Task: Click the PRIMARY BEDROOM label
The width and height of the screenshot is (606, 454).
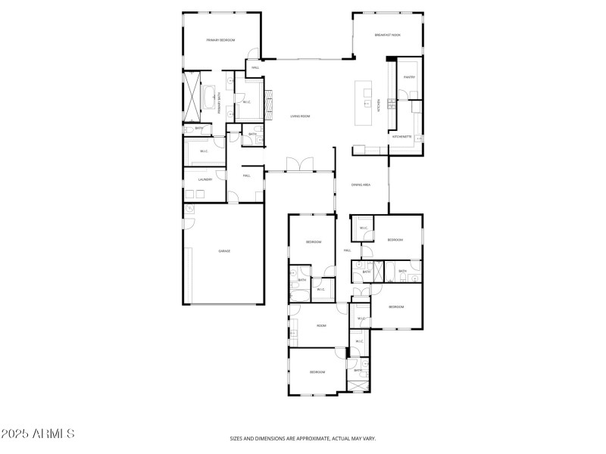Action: pyautogui.click(x=221, y=39)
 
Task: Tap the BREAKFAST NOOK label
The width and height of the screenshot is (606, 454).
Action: pyautogui.click(x=387, y=35)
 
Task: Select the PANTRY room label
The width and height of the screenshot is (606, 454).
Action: pyautogui.click(x=409, y=77)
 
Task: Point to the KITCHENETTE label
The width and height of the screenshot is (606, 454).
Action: pyautogui.click(x=401, y=137)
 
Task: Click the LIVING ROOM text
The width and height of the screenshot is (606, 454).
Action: pyautogui.click(x=301, y=117)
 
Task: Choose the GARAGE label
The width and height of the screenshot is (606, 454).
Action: pyautogui.click(x=224, y=250)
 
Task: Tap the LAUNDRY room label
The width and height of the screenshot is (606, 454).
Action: pyautogui.click(x=205, y=179)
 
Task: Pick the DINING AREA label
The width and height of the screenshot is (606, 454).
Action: pyautogui.click(x=361, y=185)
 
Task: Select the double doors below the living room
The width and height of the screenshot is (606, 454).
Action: pyautogui.click(x=300, y=164)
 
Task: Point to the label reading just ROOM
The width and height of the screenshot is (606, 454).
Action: pyautogui.click(x=321, y=325)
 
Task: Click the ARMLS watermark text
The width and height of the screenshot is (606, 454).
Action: pyautogui.click(x=38, y=434)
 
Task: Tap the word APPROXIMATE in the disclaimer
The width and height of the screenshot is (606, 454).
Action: pyautogui.click(x=309, y=438)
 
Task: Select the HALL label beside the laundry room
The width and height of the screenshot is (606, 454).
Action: pyautogui.click(x=246, y=176)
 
